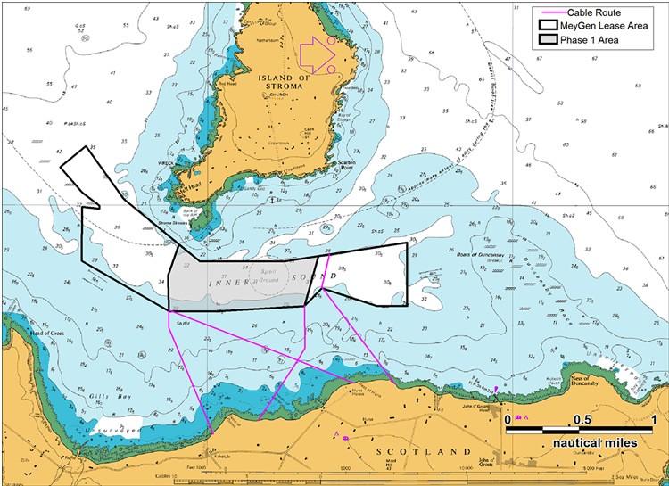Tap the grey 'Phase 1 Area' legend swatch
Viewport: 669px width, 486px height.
[x=544, y=43]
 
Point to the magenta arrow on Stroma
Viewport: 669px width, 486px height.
[x=315, y=54]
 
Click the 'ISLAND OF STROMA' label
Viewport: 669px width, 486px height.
[x=284, y=81]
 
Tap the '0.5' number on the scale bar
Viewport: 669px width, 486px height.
[x=581, y=419]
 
